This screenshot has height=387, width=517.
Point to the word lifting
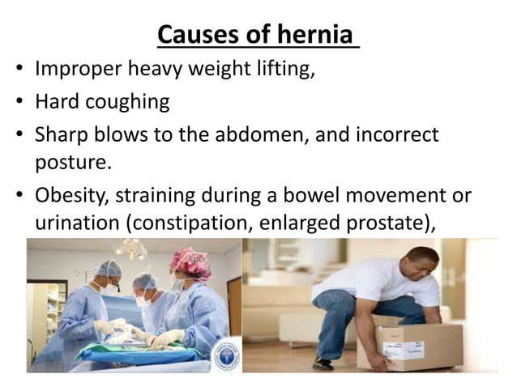[284, 70]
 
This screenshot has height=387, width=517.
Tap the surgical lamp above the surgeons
[132, 248]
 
